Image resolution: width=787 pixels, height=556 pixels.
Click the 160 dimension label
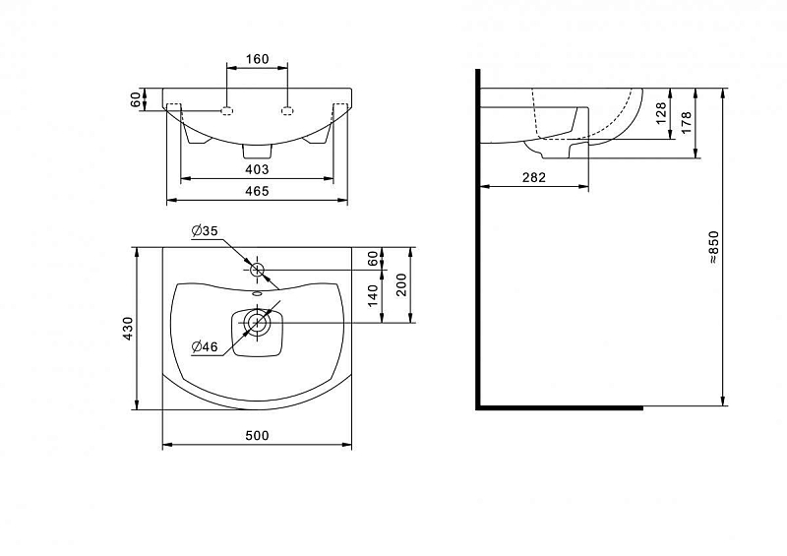pyautogui.click(x=257, y=59)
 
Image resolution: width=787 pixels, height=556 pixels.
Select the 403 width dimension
pyautogui.click(x=257, y=170)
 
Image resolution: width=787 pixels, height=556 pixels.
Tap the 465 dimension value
pyautogui.click(x=257, y=191)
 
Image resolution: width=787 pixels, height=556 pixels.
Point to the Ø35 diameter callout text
pyautogui.click(x=205, y=231)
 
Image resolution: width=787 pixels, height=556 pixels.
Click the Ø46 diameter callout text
pyautogui.click(x=205, y=346)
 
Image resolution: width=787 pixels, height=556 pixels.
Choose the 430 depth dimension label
pyautogui.click(x=129, y=329)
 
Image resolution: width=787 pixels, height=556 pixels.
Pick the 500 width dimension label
pyautogui.click(x=257, y=436)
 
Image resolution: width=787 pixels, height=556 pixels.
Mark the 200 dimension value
pyautogui.click(x=402, y=284)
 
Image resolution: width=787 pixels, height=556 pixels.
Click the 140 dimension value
pyautogui.click(x=373, y=296)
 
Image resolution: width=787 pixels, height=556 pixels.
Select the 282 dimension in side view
pyautogui.click(x=533, y=177)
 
